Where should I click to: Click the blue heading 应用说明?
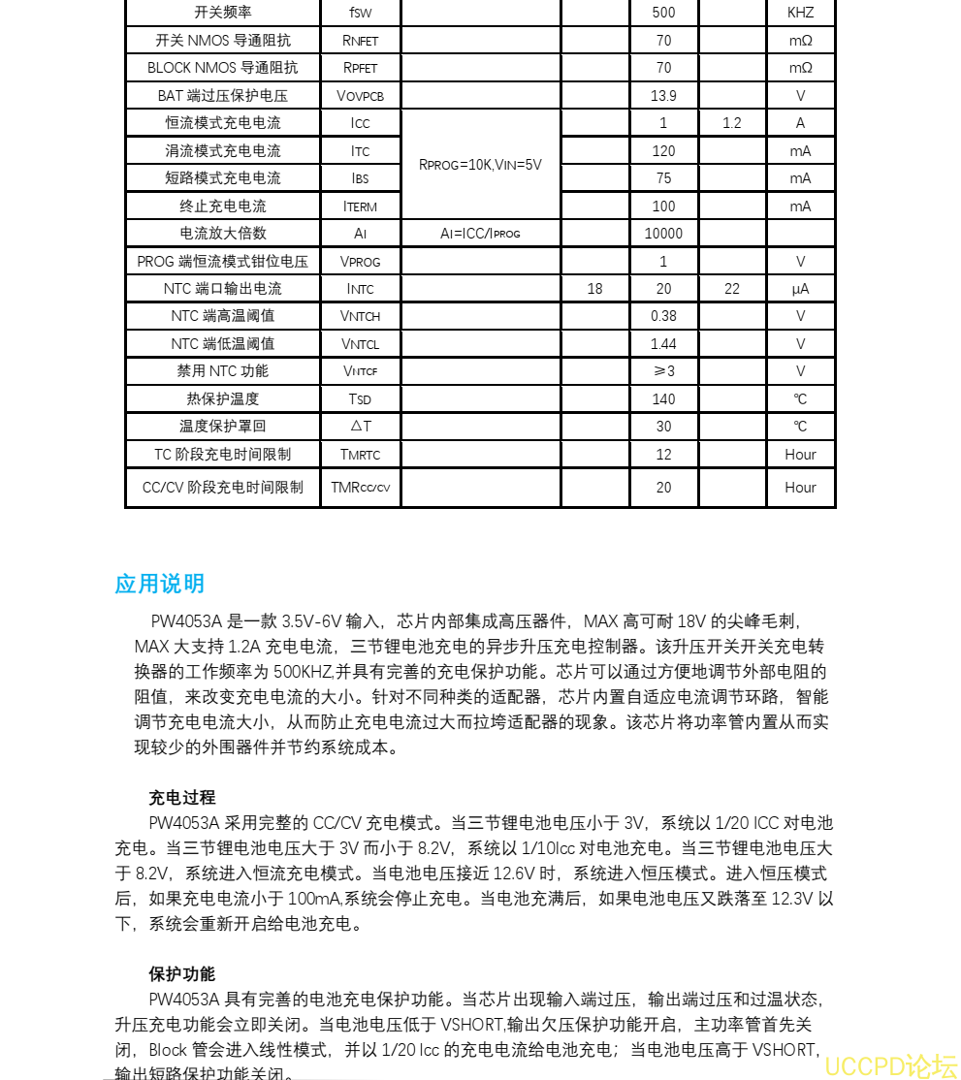click(x=160, y=584)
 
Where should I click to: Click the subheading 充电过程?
click(x=182, y=798)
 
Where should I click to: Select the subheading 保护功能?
click(x=182, y=973)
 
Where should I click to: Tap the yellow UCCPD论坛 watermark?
click(x=892, y=1065)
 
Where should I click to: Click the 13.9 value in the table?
click(x=663, y=95)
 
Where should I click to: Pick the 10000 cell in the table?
click(x=663, y=233)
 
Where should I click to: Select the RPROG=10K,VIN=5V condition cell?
click(x=480, y=165)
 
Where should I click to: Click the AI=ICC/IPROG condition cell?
click(x=480, y=234)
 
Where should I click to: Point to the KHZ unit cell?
click(x=800, y=13)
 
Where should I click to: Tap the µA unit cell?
click(x=800, y=289)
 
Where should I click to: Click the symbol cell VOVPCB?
click(x=360, y=96)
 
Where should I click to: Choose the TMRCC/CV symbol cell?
click(x=360, y=488)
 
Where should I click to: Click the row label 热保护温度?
click(x=223, y=398)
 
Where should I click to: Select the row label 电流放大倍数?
click(x=223, y=233)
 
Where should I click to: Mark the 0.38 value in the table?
click(x=663, y=316)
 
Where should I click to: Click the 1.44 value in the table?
click(x=663, y=343)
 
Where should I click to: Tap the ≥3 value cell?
click(x=663, y=371)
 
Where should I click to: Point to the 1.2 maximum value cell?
click(x=732, y=123)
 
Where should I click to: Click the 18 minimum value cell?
click(x=594, y=289)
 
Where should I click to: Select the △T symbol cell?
click(x=360, y=426)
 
